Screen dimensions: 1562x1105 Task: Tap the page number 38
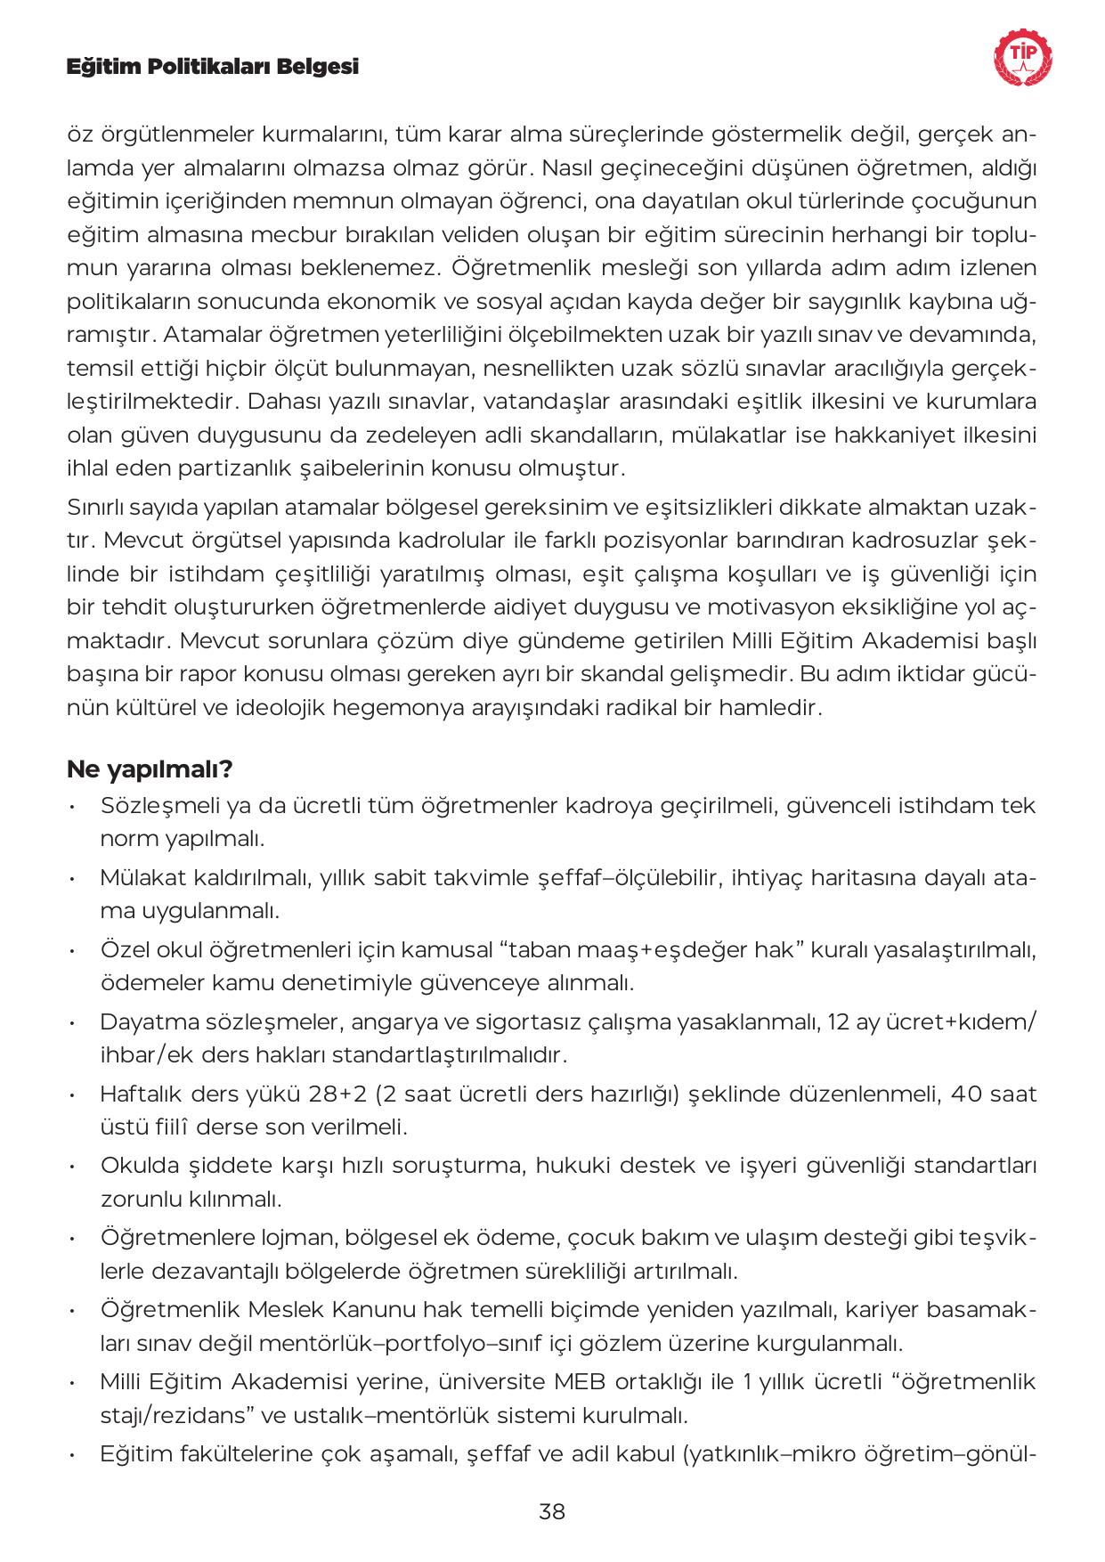click(x=552, y=1511)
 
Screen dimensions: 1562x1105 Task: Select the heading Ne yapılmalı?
click(x=150, y=768)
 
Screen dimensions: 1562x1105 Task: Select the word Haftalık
click(x=142, y=1094)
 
